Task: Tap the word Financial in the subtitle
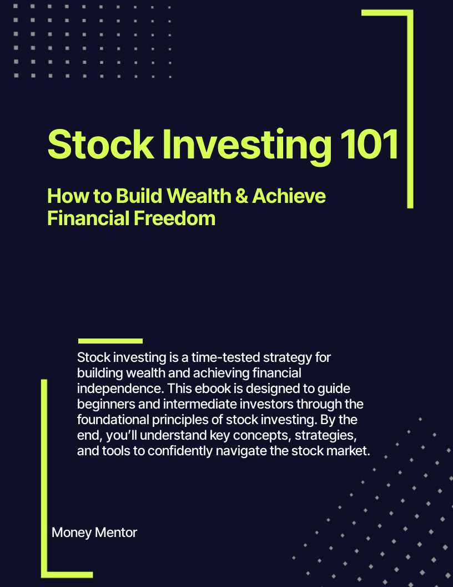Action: [88, 217]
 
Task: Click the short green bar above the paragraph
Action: [110, 341]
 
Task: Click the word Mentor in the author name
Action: [115, 533]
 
